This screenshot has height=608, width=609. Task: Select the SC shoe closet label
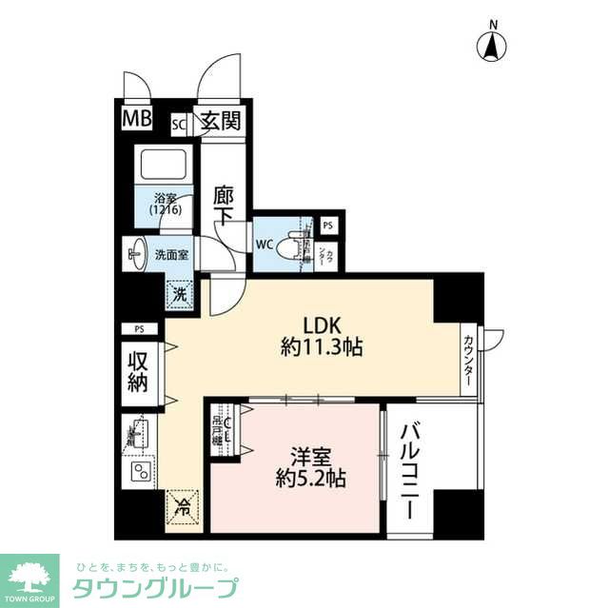point(179,123)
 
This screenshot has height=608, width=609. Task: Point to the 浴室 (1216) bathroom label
point(166,204)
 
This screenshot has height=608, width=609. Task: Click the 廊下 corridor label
point(225,202)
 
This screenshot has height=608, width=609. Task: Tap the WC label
point(265,243)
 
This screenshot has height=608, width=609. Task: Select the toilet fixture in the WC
point(302,242)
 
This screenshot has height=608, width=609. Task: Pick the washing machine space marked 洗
point(179,294)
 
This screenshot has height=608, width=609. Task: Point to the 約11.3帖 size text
point(319,347)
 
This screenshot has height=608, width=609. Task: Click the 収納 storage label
point(138,367)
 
